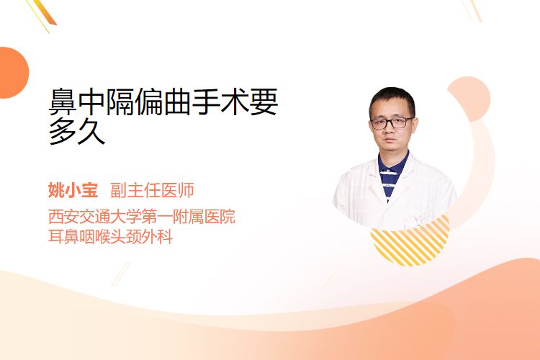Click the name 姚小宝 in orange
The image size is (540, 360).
click(x=73, y=190)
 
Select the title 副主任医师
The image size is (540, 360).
click(x=152, y=190)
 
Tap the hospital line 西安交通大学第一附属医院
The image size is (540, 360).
click(x=142, y=217)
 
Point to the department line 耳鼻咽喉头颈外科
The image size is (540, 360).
click(x=110, y=237)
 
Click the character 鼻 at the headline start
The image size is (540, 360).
click(x=63, y=102)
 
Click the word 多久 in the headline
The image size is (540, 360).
click(x=77, y=132)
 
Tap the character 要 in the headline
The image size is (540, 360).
click(x=264, y=102)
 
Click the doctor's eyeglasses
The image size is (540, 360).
click(x=392, y=122)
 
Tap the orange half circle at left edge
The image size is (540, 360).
click(x=13, y=73)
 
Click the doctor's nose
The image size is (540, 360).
click(x=390, y=130)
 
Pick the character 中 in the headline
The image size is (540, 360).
click(x=91, y=102)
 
